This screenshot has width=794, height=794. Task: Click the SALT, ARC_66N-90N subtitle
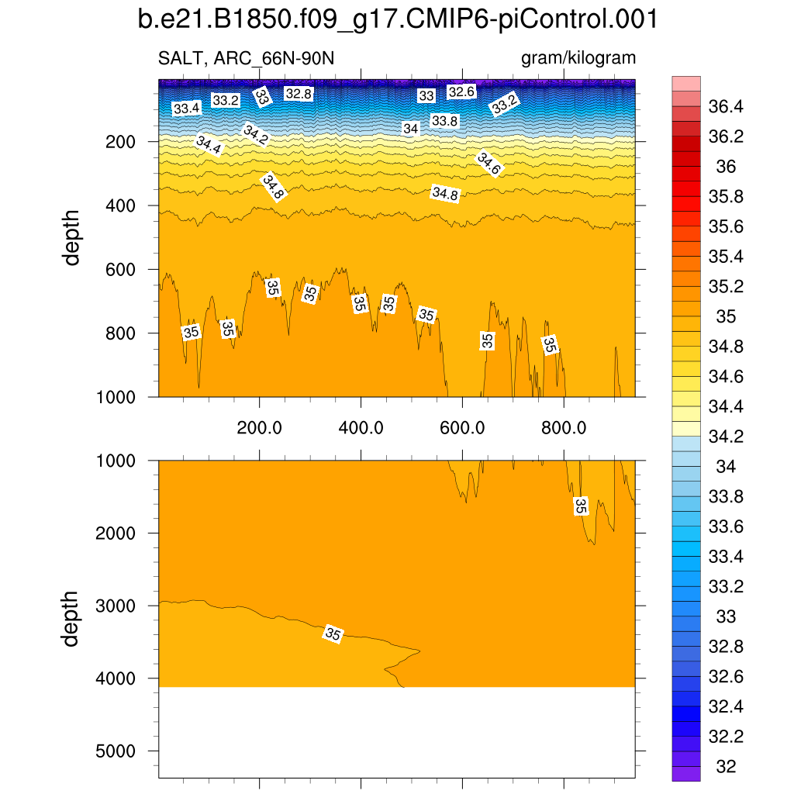[x=246, y=58]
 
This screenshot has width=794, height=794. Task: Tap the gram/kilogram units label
[x=578, y=58]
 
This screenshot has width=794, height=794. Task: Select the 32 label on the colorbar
[x=726, y=767]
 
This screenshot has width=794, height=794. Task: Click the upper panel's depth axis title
[x=72, y=237]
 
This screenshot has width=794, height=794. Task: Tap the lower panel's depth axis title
[x=72, y=618]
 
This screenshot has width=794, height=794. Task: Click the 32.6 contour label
[x=461, y=91]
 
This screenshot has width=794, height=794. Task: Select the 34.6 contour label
[x=488, y=164]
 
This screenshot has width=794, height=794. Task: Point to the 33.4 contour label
[x=186, y=109]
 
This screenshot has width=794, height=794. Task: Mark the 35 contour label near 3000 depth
[x=333, y=633]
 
